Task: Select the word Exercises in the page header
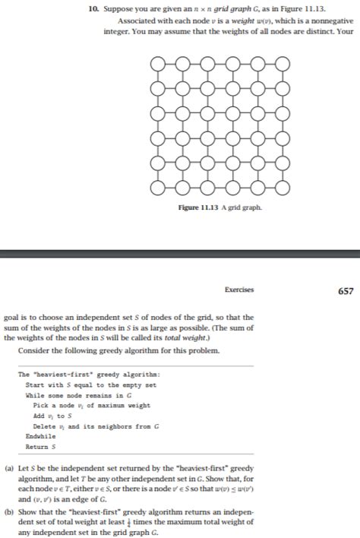point(238,290)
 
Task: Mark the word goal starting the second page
point(12,318)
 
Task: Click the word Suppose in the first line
point(117,8)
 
